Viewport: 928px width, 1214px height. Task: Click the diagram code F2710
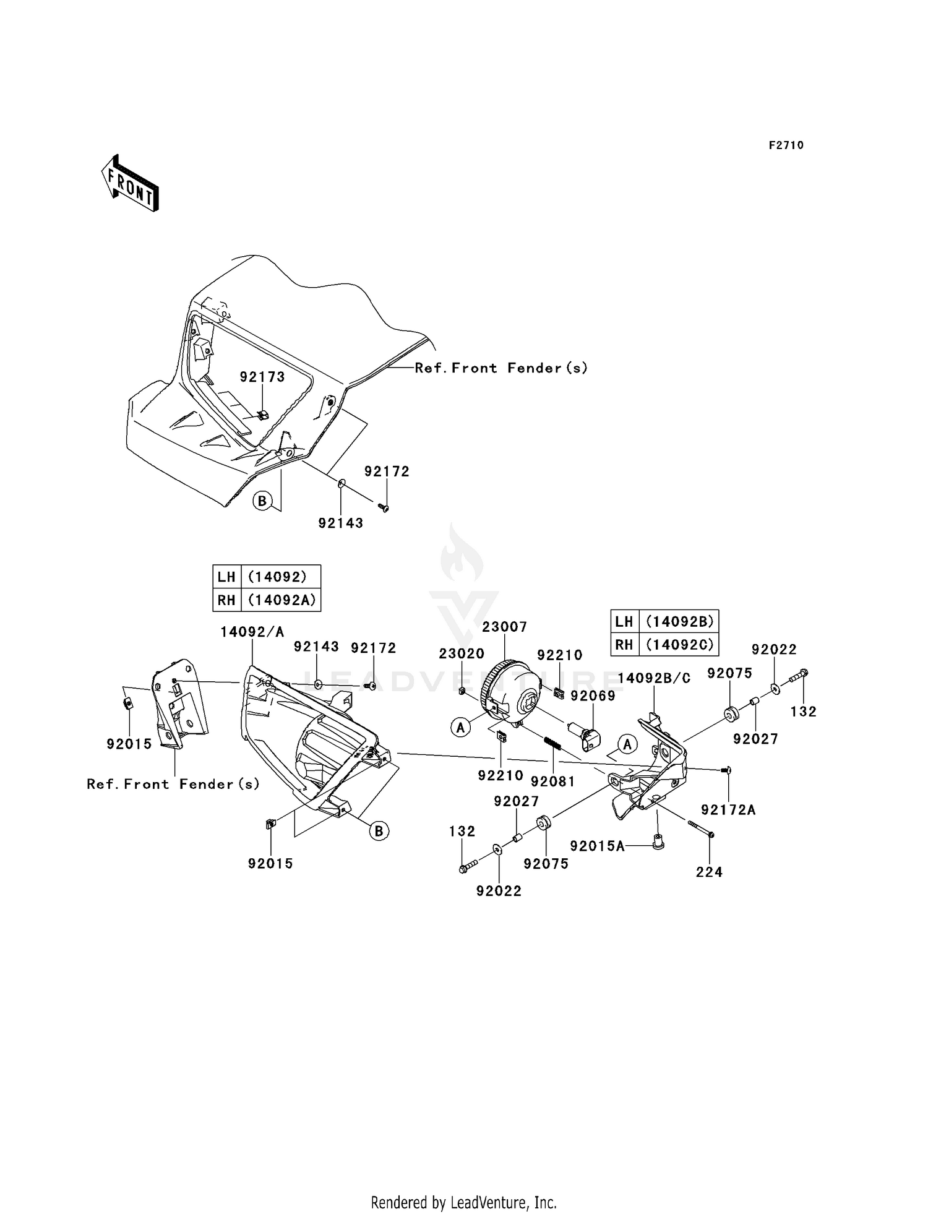[x=786, y=145]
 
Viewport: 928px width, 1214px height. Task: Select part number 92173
[x=262, y=377]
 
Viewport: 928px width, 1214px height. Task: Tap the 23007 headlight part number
[x=505, y=627]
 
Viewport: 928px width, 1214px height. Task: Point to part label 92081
[x=553, y=781]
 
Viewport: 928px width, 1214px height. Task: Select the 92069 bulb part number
[x=593, y=695]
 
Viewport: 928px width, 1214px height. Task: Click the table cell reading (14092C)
[x=679, y=644]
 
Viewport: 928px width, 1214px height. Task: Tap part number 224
[x=709, y=872]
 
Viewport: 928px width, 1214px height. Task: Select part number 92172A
[x=728, y=810]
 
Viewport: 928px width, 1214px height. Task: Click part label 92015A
[x=598, y=846]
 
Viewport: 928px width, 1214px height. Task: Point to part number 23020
[x=462, y=654]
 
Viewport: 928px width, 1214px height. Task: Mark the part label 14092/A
[x=252, y=632]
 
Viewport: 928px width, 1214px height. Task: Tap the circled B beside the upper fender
[x=262, y=501]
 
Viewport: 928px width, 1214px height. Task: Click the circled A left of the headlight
[x=460, y=728]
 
